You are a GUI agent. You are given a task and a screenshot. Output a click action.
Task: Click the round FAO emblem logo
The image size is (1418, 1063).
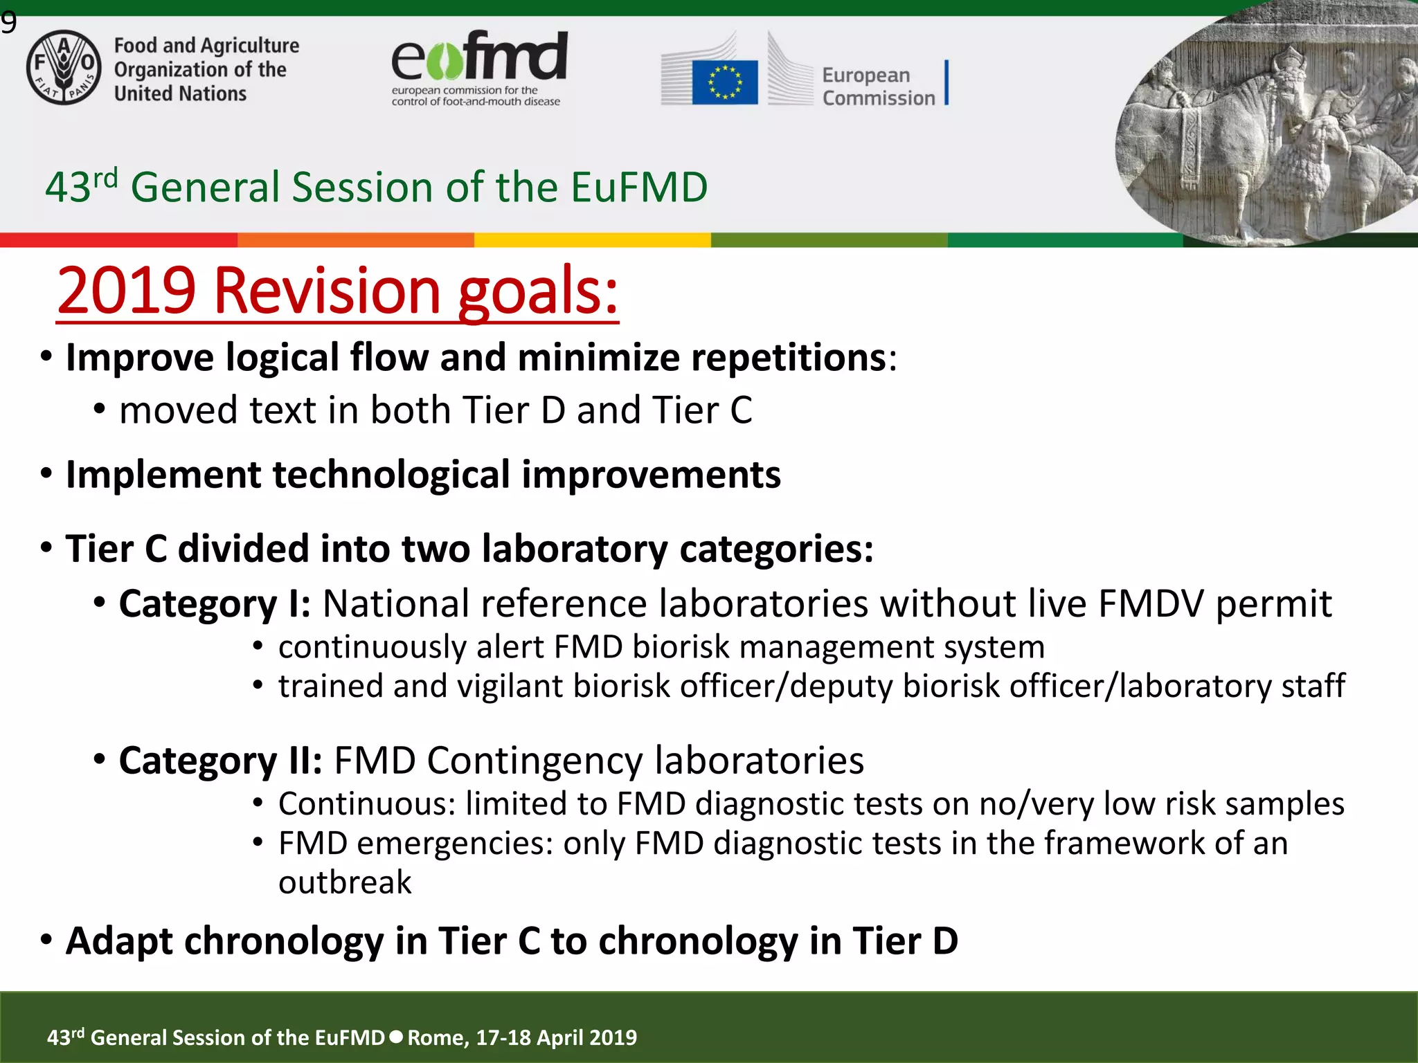click(64, 68)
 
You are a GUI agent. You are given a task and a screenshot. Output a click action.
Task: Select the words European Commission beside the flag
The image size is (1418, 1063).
click(878, 87)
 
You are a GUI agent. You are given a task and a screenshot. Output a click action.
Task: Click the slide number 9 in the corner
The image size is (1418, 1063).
click(8, 24)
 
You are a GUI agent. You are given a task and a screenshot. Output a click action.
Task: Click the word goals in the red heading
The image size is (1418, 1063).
click(537, 291)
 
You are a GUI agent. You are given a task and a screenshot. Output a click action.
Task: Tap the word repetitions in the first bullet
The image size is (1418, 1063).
click(789, 358)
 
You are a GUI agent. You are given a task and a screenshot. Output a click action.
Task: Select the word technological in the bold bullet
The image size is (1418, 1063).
click(392, 475)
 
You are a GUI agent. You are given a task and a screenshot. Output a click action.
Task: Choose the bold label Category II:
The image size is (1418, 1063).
click(220, 761)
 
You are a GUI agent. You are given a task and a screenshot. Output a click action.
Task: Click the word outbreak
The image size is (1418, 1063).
click(345, 882)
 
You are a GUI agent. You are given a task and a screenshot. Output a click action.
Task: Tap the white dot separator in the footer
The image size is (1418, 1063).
click(396, 1037)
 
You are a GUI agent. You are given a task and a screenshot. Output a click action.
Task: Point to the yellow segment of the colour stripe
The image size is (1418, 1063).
click(592, 240)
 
